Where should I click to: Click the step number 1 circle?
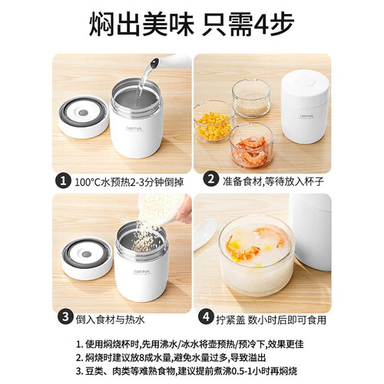62,180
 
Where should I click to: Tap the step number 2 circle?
210,179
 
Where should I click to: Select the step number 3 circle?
65,317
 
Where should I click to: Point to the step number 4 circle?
207,317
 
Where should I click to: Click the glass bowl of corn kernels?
214,121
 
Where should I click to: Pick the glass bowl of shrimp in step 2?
251,145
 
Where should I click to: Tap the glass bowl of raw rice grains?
251,98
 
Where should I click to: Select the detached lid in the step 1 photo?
84,118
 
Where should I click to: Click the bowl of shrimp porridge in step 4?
257,255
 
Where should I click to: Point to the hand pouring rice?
184,210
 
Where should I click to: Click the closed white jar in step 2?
305,107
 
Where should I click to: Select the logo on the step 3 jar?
142,271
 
